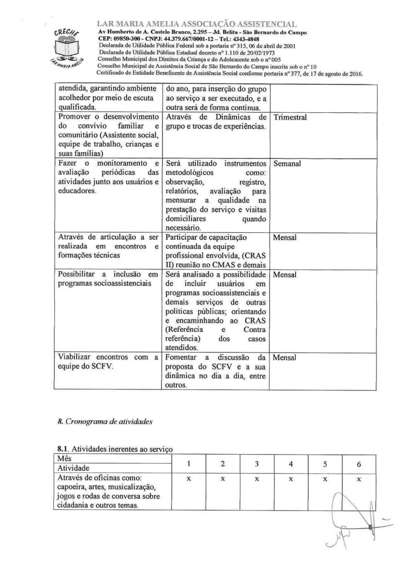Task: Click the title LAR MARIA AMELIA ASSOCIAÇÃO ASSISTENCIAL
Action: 197,24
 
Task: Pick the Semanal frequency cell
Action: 287,164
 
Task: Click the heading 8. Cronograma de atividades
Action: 105,421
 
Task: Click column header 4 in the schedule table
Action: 291,463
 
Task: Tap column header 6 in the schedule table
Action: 359,463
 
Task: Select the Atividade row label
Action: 73,468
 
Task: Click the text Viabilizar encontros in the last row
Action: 90,358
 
